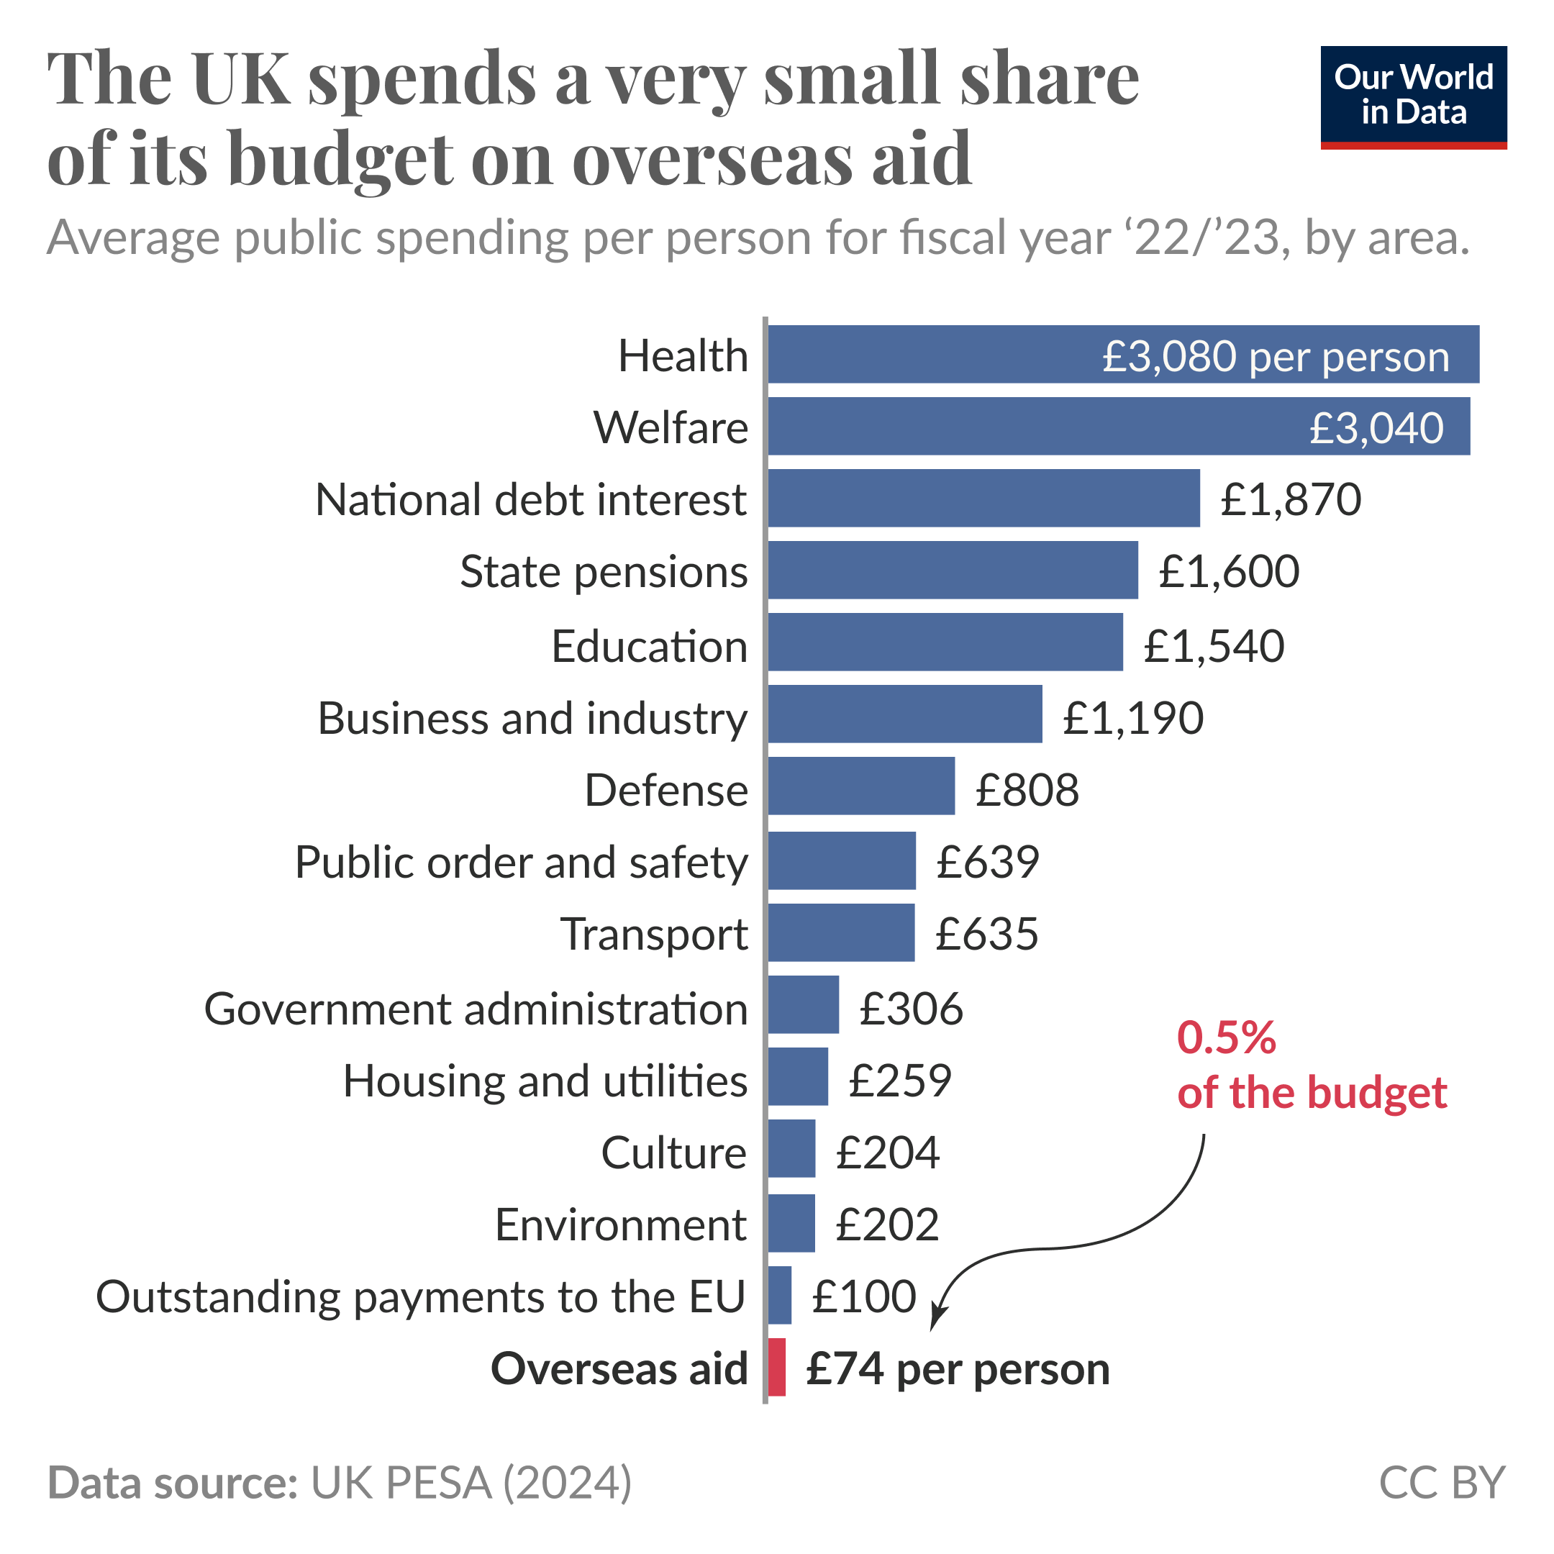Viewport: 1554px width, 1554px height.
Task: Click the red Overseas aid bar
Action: pyautogui.click(x=776, y=1367)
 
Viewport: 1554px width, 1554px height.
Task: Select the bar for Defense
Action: pyautogui.click(x=860, y=786)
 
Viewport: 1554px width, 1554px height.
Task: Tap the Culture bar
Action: pyautogui.click(x=791, y=1148)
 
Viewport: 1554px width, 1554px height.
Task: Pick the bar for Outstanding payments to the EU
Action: pyautogui.click(x=779, y=1294)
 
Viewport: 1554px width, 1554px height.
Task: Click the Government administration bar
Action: pyautogui.click(x=803, y=1004)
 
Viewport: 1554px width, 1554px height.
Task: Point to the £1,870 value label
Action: pyautogui.click(x=1290, y=499)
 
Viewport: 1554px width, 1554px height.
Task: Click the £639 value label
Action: pyautogui.click(x=987, y=861)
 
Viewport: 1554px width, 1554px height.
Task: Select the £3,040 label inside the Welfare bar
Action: pyautogui.click(x=1376, y=427)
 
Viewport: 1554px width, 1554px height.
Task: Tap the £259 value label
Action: pyautogui.click(x=899, y=1079)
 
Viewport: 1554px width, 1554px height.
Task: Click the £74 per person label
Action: pyautogui.click(x=957, y=1368)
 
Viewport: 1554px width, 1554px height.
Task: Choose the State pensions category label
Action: pyautogui.click(x=604, y=572)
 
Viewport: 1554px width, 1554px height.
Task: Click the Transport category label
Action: pyautogui.click(x=654, y=934)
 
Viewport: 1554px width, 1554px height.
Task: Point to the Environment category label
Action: pyautogui.click(x=620, y=1224)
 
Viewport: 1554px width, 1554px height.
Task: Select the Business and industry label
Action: pyautogui.click(x=532, y=717)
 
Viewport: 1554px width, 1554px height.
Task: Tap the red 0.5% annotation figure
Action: pyautogui.click(x=1226, y=1037)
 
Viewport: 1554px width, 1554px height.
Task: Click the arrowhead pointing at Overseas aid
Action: pyautogui.click(x=936, y=1320)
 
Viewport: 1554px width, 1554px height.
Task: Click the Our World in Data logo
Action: pyautogui.click(x=1413, y=96)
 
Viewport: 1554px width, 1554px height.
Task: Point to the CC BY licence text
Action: pyautogui.click(x=1440, y=1481)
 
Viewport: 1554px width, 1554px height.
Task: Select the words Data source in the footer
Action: pyautogui.click(x=173, y=1481)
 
